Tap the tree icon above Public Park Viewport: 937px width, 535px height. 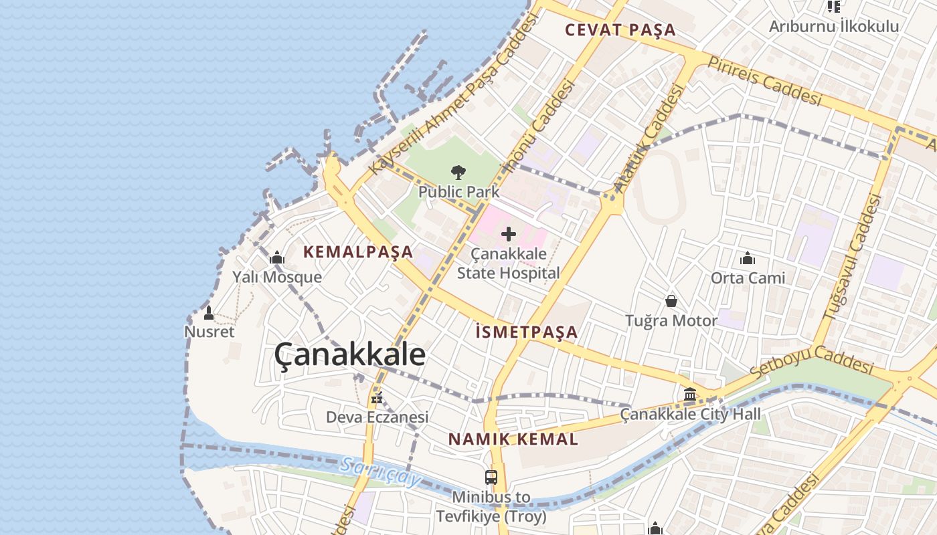(458, 173)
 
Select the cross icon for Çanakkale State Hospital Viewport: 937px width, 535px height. (509, 234)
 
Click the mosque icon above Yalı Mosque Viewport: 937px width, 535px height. (277, 258)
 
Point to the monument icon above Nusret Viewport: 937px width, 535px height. (209, 312)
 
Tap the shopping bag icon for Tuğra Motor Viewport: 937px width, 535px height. (671, 302)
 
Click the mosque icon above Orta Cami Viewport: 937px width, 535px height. (748, 258)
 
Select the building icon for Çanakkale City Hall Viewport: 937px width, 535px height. (690, 395)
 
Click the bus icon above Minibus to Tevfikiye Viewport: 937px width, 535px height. (491, 477)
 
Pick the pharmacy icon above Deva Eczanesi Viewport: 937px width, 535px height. (377, 398)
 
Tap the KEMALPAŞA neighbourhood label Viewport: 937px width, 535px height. (358, 252)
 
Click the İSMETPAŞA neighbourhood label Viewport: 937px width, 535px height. (526, 332)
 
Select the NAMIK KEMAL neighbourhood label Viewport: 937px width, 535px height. (513, 439)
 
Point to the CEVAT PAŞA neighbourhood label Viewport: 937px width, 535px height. (620, 30)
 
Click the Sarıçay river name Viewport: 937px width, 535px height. (379, 472)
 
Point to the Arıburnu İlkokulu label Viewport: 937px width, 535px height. (833, 26)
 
